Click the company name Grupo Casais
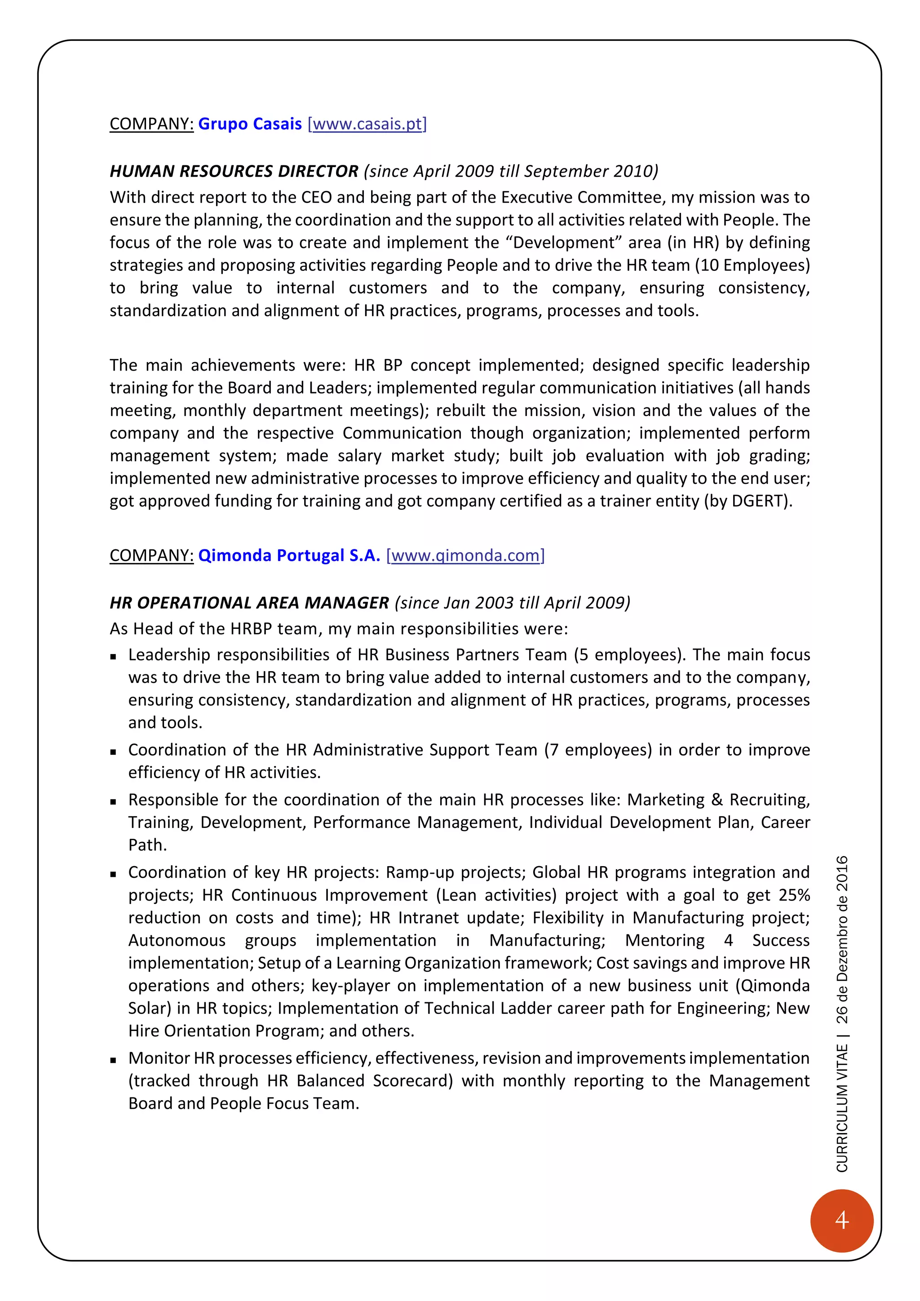250,124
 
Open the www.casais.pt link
367,124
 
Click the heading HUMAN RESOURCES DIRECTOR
234,171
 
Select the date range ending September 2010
511,171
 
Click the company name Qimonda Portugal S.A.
289,555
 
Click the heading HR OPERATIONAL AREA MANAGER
249,602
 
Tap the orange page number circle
842,1220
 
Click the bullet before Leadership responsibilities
114,657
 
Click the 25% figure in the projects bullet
794,895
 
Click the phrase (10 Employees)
752,265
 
